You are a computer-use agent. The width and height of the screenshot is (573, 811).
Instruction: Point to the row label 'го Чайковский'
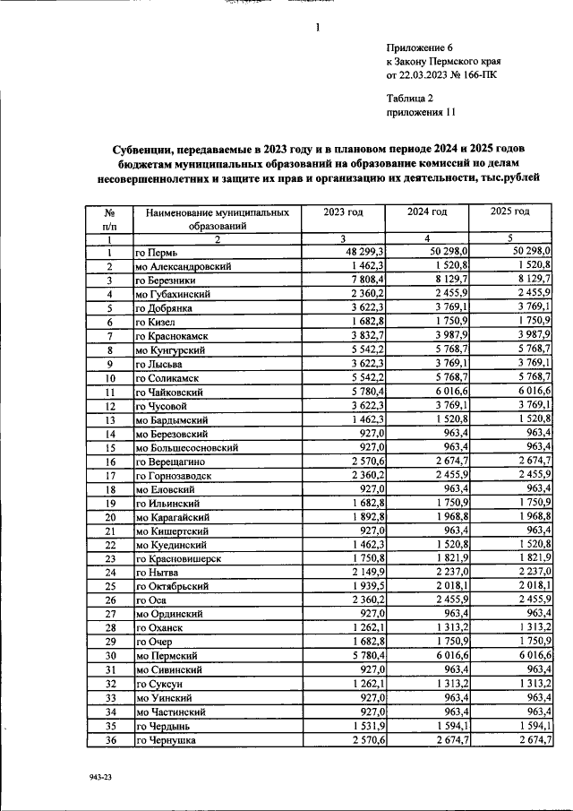pyautogui.click(x=174, y=392)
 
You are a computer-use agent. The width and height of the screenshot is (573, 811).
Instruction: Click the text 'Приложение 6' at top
pyautogui.click(x=421, y=47)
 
